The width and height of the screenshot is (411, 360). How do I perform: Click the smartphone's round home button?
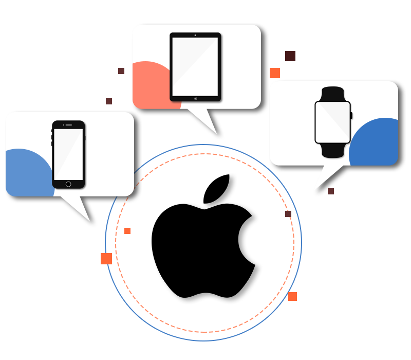pyautogui.click(x=68, y=184)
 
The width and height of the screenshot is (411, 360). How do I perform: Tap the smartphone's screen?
pyautogui.click(x=68, y=154)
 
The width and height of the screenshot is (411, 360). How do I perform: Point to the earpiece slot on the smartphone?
pyautogui.click(x=68, y=125)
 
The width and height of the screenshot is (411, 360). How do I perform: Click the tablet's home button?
pyautogui.click(x=195, y=98)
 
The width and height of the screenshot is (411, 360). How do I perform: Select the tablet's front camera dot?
pyautogui.click(x=195, y=35)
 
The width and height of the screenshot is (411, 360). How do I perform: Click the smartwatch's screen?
pyautogui.click(x=332, y=122)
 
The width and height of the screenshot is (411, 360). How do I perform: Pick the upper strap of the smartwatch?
pyautogui.click(x=332, y=94)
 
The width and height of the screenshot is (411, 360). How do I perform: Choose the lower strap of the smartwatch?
pyautogui.click(x=332, y=151)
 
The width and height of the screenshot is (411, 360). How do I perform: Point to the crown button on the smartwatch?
pyautogui.click(x=351, y=115)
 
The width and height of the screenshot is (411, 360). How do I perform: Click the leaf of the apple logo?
pyautogui.click(x=218, y=189)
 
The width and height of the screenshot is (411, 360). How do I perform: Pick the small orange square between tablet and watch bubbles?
pyautogui.click(x=275, y=73)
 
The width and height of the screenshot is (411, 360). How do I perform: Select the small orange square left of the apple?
pyautogui.click(x=106, y=258)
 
